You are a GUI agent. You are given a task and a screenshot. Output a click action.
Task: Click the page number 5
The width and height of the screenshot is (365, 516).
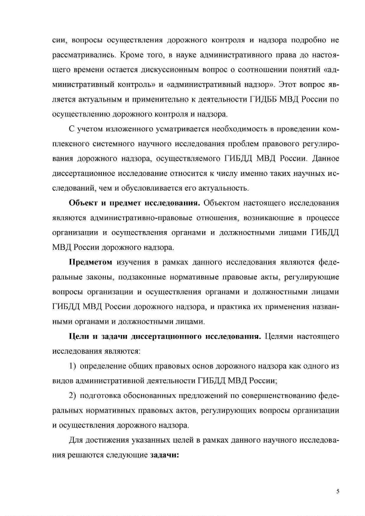coord(338,491)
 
